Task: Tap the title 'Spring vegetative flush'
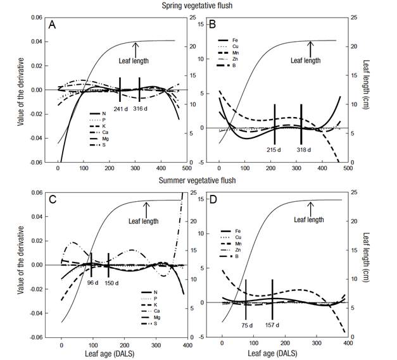point(197,5)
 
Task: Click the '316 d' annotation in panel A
point(142,107)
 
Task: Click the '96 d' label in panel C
point(92,283)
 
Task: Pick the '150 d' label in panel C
point(110,283)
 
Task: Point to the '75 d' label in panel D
point(246,326)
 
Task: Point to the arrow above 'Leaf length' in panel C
point(146,204)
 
